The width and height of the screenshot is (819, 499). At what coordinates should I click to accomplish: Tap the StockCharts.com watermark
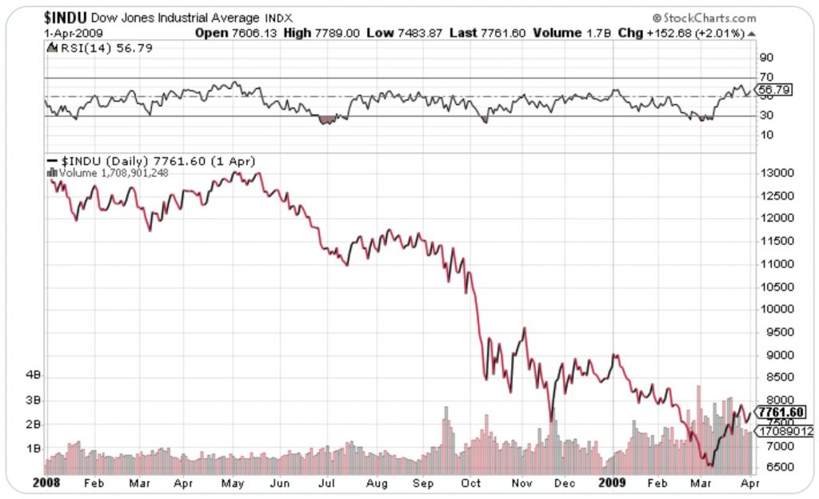(x=705, y=18)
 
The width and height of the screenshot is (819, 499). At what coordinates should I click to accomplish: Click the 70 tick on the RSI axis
(x=766, y=78)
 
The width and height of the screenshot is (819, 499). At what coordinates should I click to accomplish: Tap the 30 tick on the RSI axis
(x=766, y=115)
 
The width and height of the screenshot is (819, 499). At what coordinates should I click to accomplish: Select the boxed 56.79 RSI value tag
(x=776, y=91)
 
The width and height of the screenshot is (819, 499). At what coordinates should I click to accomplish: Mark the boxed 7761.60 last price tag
(x=781, y=412)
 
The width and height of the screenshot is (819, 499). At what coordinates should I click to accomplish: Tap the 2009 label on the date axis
(x=612, y=483)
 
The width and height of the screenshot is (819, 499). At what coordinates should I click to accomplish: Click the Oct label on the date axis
(x=471, y=483)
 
